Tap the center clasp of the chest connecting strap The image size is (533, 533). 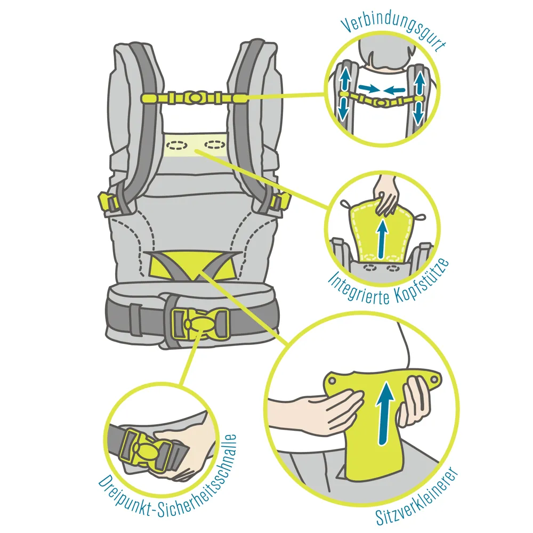tap(195, 98)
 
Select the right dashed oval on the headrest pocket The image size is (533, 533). tap(214, 145)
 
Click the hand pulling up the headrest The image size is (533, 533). tap(386, 197)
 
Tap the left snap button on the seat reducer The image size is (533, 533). tap(333, 381)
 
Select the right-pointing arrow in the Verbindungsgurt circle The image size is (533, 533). tap(369, 89)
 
